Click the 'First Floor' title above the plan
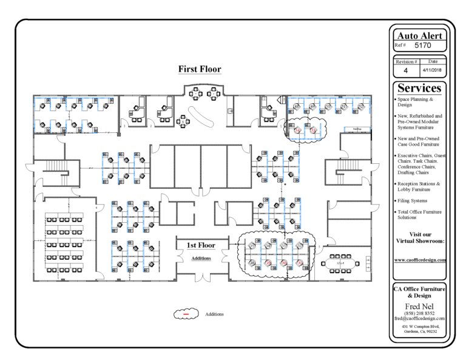pos(199,69)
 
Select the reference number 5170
pos(424,45)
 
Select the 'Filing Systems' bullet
pos(413,200)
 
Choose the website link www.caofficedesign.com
pos(420,259)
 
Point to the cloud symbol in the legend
pos(187,314)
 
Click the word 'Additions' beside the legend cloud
pos(215,314)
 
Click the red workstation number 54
pos(298,130)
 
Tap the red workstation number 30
pos(268,263)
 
